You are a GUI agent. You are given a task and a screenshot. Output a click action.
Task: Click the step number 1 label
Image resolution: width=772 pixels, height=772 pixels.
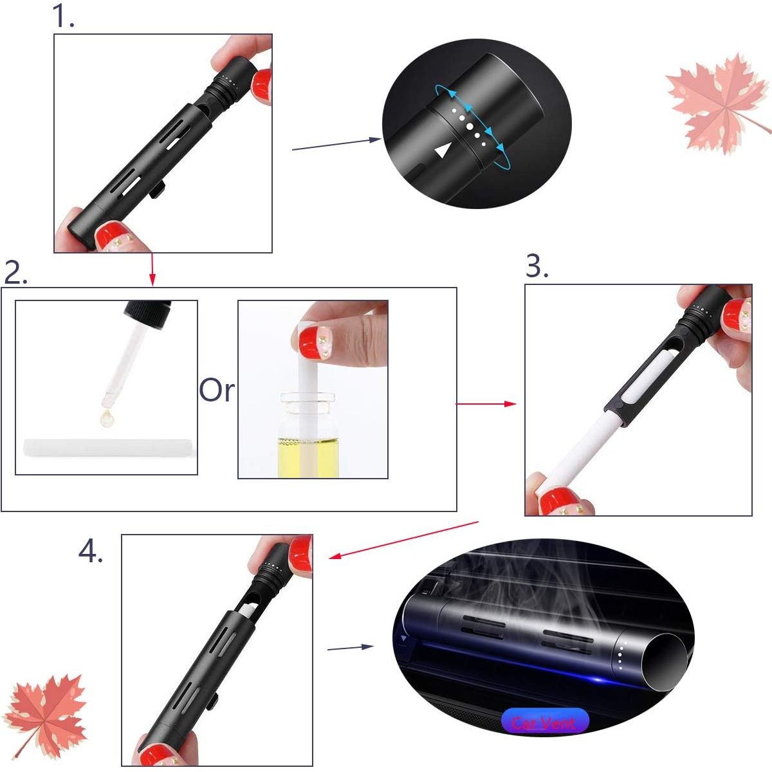pyautogui.click(x=63, y=17)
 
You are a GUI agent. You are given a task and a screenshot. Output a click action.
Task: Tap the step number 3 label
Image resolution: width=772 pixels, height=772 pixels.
pyautogui.click(x=537, y=266)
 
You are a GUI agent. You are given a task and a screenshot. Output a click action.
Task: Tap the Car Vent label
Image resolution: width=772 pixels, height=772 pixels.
pyautogui.click(x=544, y=722)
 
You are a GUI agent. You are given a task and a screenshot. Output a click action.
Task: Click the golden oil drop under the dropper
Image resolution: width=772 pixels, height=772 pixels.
pyautogui.click(x=107, y=418)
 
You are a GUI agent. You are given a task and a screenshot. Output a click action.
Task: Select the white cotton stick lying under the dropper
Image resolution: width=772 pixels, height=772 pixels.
pyautogui.click(x=107, y=448)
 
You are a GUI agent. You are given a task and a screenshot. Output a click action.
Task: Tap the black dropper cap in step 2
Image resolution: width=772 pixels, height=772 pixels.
pyautogui.click(x=149, y=314)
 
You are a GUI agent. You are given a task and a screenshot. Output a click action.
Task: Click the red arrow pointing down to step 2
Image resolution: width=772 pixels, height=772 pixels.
pyautogui.click(x=152, y=269)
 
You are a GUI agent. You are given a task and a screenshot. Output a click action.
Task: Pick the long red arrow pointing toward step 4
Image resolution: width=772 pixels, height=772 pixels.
pyautogui.click(x=404, y=540)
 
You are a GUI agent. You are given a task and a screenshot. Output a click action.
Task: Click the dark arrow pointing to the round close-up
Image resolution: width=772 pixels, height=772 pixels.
pyautogui.click(x=337, y=144)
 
